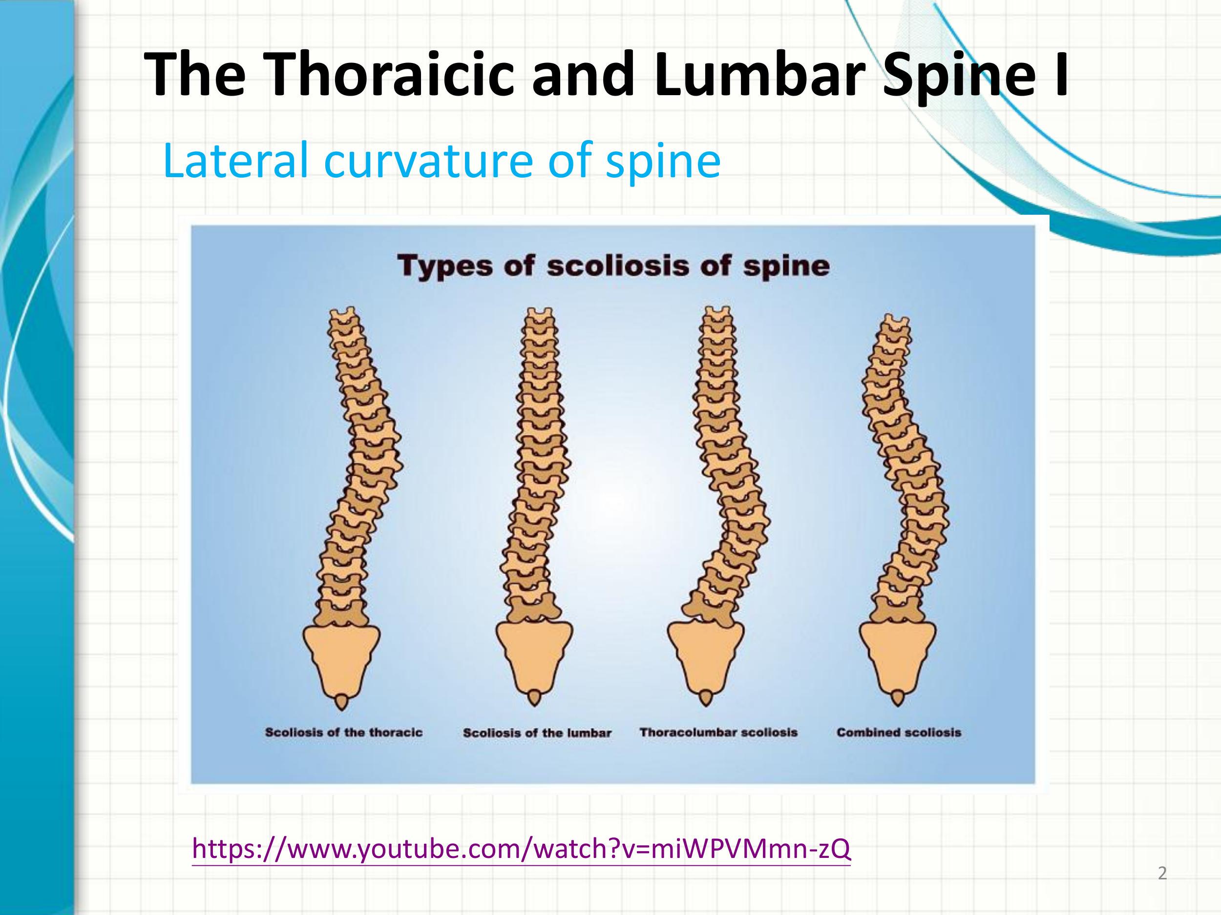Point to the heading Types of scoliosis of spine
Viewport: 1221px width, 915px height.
point(613,266)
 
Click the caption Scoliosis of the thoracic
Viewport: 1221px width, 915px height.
point(343,732)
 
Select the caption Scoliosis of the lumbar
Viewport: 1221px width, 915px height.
point(537,733)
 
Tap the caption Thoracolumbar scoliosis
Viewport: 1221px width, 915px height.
point(718,732)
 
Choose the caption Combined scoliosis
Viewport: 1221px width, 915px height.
point(899,732)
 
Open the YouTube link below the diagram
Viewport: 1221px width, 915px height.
point(521,849)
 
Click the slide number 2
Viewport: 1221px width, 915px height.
point(1162,874)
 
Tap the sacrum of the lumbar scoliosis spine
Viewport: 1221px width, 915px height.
point(534,653)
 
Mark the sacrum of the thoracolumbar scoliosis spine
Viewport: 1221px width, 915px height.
point(705,653)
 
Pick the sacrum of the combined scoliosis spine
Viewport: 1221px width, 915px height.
point(898,653)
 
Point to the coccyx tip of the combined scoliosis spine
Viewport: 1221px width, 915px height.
point(898,698)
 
